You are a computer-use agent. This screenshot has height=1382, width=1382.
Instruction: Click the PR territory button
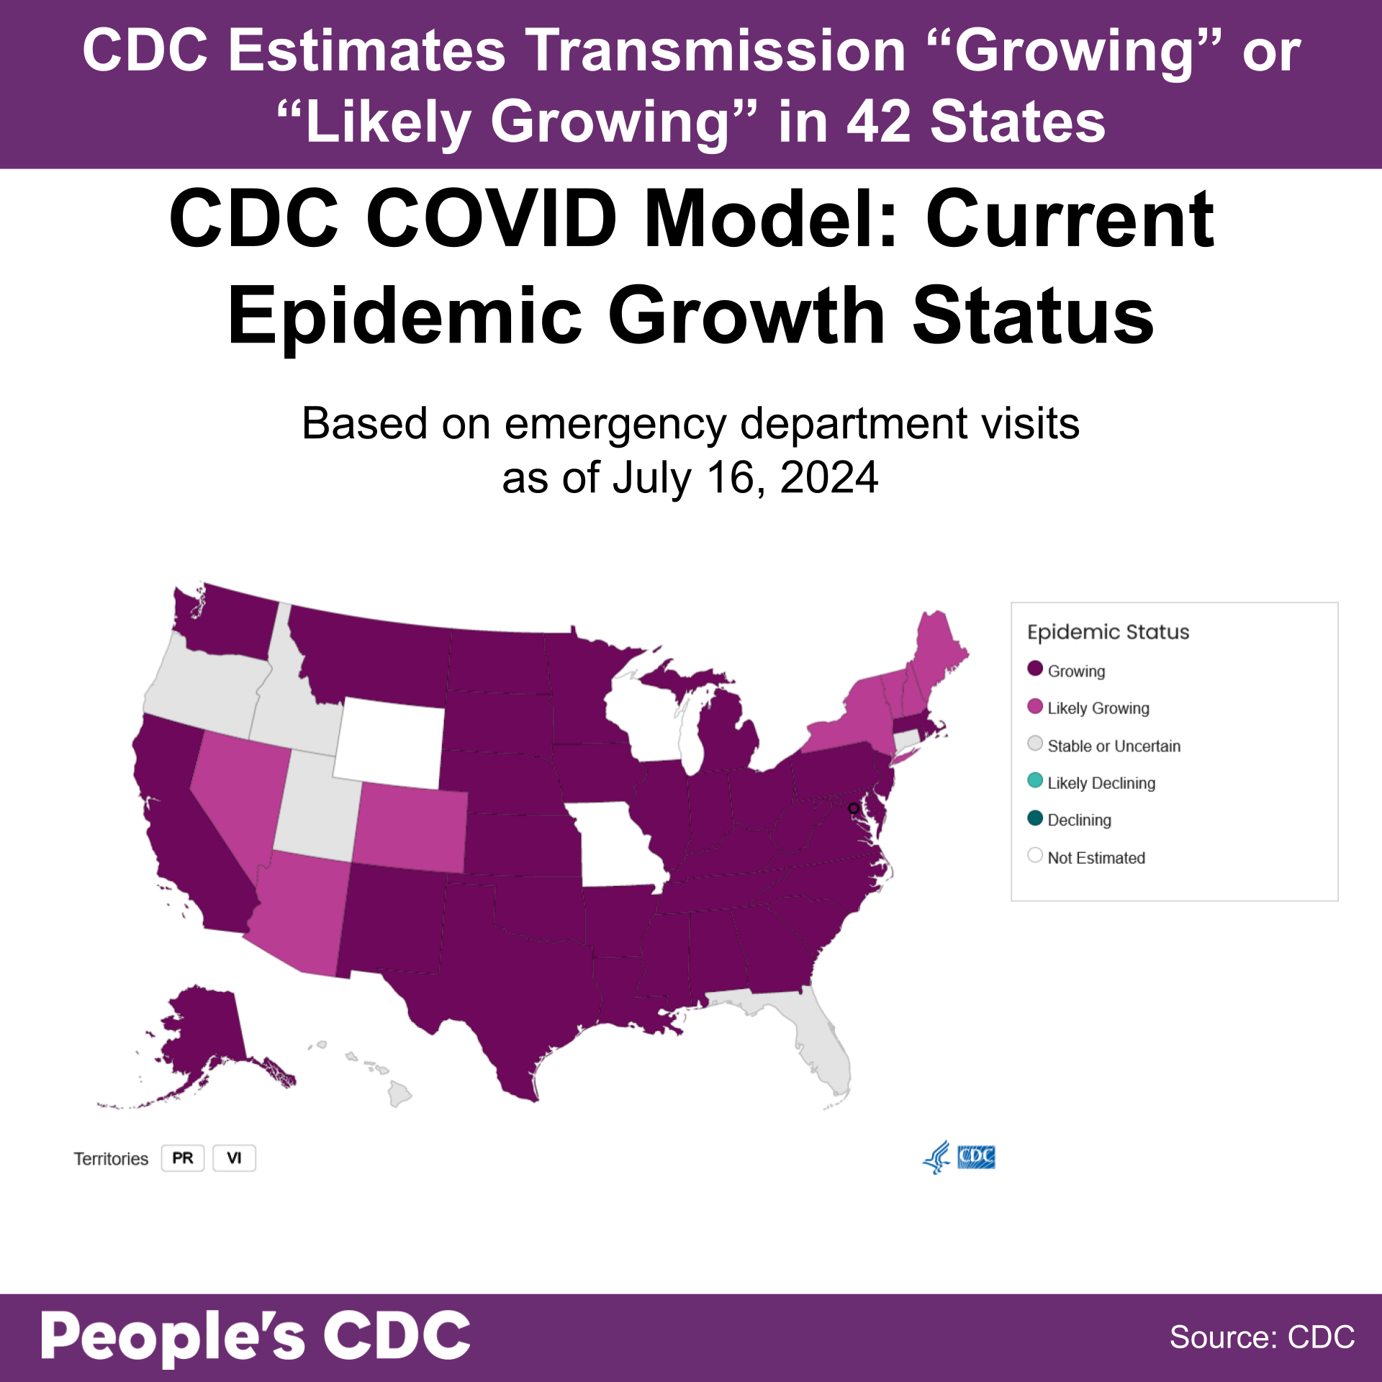coord(182,1158)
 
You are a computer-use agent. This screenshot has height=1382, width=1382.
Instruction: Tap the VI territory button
coord(234,1158)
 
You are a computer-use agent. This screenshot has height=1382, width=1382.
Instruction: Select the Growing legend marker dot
coord(1035,669)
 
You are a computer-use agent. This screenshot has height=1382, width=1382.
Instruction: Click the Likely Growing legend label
coord(1098,708)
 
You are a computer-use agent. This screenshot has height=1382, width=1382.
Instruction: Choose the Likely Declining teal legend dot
coord(1035,780)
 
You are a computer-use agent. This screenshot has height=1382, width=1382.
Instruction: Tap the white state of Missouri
coord(619,846)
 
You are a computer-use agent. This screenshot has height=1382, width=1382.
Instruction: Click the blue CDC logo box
coord(976,1157)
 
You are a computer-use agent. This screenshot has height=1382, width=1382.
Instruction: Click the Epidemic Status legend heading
coord(1108,632)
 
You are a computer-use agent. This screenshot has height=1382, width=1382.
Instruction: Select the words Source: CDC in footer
coord(1261,1337)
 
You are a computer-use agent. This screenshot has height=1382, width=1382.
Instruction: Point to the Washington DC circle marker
coord(854,808)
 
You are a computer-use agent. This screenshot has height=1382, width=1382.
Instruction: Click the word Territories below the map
coord(111,1159)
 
